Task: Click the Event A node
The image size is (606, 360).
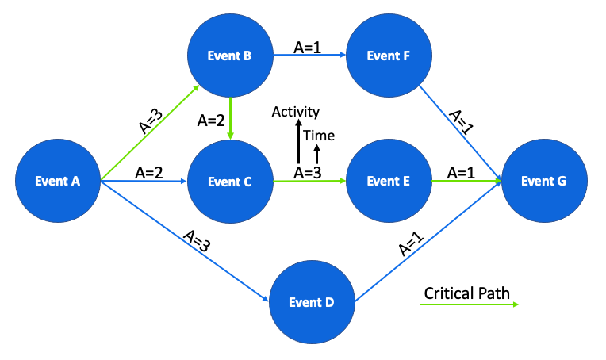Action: tap(58, 181)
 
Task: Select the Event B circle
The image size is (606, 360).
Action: tap(229, 56)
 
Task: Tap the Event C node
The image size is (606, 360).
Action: tap(229, 182)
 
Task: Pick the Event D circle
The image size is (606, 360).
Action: tap(312, 301)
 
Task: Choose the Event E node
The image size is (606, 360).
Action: tap(389, 182)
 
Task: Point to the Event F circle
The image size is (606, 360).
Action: tap(389, 56)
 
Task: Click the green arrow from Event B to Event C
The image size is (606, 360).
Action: tap(230, 119)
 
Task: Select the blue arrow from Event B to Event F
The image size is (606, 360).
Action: tap(309, 56)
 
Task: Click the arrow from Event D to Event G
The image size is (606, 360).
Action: tap(428, 242)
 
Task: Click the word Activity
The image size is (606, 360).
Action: tap(295, 112)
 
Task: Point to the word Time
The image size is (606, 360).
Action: tap(319, 136)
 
